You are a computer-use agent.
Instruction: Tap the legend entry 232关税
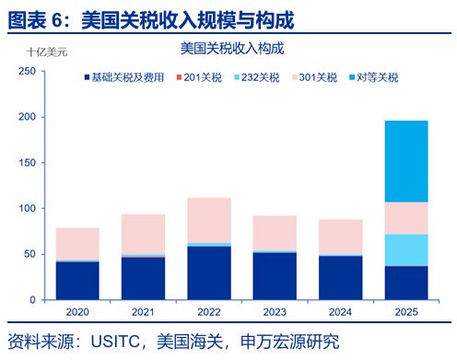tap(258, 77)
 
